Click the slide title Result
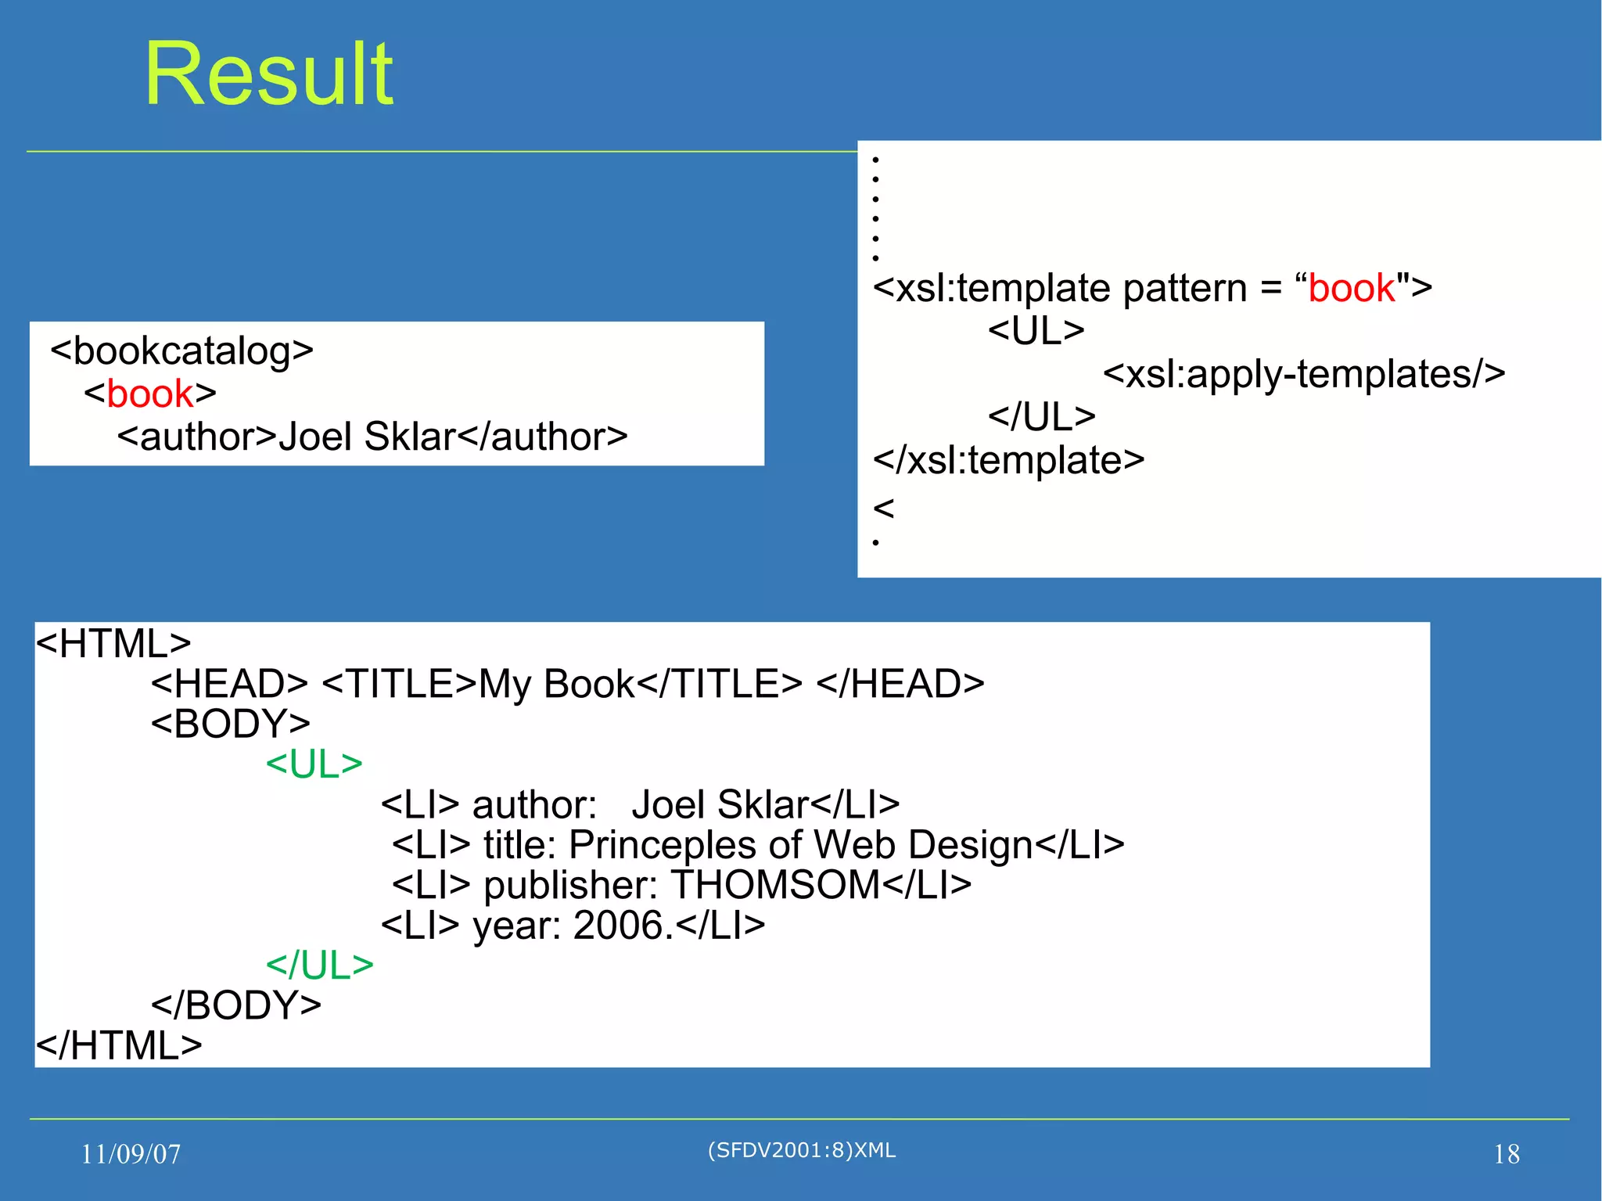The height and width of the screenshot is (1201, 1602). click(x=268, y=74)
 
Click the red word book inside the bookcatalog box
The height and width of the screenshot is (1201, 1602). click(x=149, y=394)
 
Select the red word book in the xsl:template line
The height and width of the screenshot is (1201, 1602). click(x=1351, y=288)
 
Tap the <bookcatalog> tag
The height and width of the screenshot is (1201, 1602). click(x=181, y=351)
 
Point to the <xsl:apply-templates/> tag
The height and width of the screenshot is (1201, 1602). click(x=1303, y=374)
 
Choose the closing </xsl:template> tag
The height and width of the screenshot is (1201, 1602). click(x=1008, y=460)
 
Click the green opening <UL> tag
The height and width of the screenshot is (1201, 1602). click(x=314, y=764)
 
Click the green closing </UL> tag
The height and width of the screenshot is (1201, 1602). click(x=319, y=965)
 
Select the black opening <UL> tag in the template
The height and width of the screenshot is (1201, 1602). click(x=1036, y=331)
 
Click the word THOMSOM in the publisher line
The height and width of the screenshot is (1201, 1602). click(x=775, y=885)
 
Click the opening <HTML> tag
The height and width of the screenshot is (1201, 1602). click(x=113, y=644)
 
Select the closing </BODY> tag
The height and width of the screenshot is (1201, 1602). click(x=235, y=1005)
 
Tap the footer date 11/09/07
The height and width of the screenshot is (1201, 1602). click(x=131, y=1154)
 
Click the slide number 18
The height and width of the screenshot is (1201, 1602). click(x=1506, y=1154)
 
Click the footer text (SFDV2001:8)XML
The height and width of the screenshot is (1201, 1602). click(x=801, y=1150)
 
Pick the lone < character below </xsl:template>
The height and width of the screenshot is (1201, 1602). click(x=883, y=509)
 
